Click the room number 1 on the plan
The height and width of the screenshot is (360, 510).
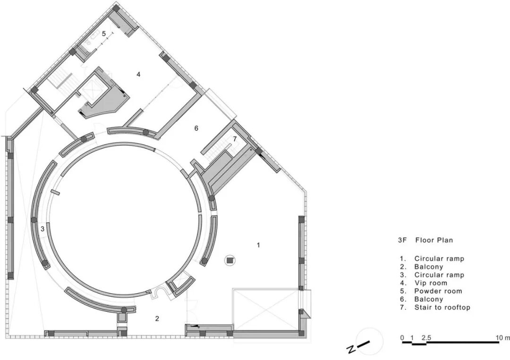[x=259, y=245]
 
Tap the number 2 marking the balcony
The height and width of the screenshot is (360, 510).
[x=157, y=319]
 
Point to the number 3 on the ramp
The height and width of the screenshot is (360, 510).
[x=42, y=229]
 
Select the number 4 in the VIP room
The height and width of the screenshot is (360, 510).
[x=138, y=75]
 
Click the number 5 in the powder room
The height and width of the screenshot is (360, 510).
[x=104, y=34]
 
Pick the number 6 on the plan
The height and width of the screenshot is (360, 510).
[x=196, y=128]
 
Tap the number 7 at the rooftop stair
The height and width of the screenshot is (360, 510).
[x=235, y=139]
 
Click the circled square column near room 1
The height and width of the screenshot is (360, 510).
[x=230, y=260]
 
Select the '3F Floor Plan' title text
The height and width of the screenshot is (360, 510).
[x=425, y=240]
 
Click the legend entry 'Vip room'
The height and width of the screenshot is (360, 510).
[x=431, y=283]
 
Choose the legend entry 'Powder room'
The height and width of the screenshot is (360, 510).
[x=438, y=291]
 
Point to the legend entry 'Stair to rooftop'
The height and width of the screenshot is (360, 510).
[x=442, y=307]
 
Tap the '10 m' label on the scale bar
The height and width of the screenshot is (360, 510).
[x=503, y=338]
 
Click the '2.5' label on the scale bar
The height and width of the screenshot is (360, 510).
[x=426, y=338]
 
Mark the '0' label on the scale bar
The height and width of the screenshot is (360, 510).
[x=402, y=338]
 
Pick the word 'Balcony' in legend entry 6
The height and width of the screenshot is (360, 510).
[x=429, y=299]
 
